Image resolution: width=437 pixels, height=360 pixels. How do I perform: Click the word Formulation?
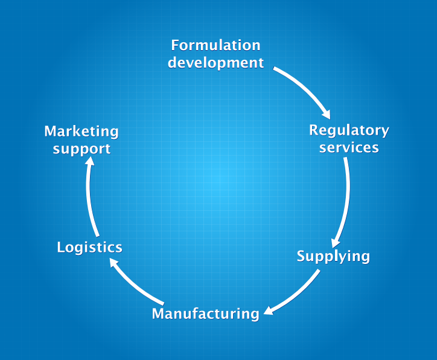click(215, 45)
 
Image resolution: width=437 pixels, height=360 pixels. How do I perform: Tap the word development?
click(215, 62)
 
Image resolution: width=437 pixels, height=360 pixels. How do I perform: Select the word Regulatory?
click(349, 130)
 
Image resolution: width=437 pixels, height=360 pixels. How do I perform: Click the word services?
click(349, 147)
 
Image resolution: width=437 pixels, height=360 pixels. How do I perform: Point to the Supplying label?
click(333, 256)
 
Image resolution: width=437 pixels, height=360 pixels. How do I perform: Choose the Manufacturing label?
click(205, 313)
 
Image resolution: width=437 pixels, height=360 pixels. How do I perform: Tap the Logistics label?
click(89, 247)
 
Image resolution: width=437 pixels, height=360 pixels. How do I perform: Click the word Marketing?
click(81, 131)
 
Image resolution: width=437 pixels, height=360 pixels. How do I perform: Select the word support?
click(81, 148)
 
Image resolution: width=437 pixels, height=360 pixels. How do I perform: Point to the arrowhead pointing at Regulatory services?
click(326, 113)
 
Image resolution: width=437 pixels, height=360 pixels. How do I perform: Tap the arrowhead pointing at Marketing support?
click(89, 163)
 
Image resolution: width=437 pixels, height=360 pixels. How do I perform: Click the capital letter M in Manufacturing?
click(158, 313)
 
